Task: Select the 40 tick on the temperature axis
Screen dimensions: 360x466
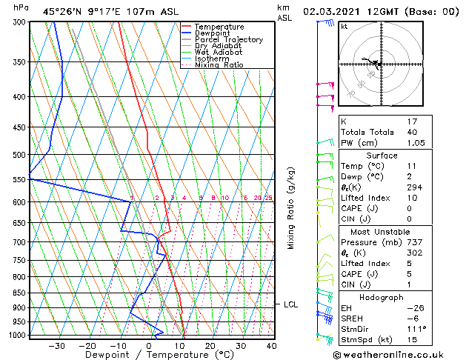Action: pos(271,345)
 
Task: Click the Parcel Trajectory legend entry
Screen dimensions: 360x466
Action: pos(228,40)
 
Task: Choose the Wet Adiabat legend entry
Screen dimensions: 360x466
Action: pos(219,53)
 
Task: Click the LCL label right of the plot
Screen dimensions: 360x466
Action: pos(290,304)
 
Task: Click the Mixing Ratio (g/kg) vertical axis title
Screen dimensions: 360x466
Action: pos(291,208)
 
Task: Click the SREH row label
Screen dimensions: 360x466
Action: pos(353,319)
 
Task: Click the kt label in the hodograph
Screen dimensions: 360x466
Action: pos(344,27)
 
